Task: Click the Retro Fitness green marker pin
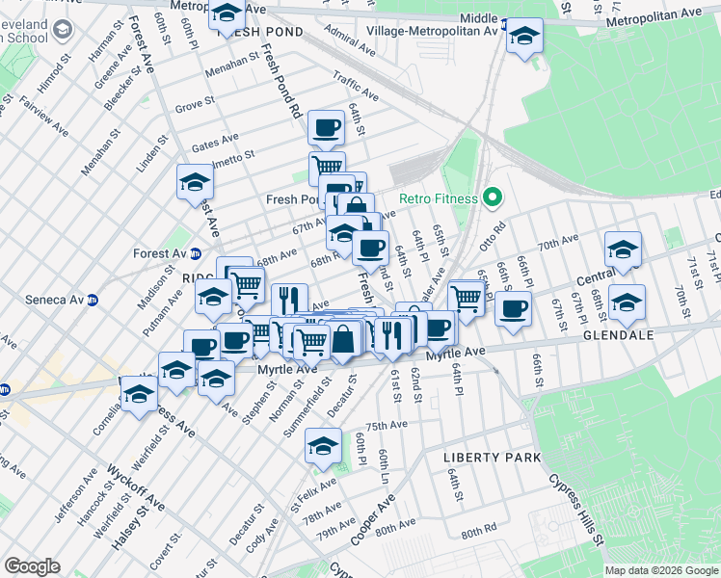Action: pyautogui.click(x=493, y=199)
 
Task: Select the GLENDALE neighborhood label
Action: pyautogui.click(x=619, y=335)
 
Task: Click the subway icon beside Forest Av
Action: pyautogui.click(x=196, y=254)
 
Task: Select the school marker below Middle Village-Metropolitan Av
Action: pyautogui.click(x=524, y=37)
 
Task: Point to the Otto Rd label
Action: pyautogui.click(x=493, y=237)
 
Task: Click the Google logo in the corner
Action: pyautogui.click(x=32, y=566)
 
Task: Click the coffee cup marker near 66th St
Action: pyautogui.click(x=513, y=308)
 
